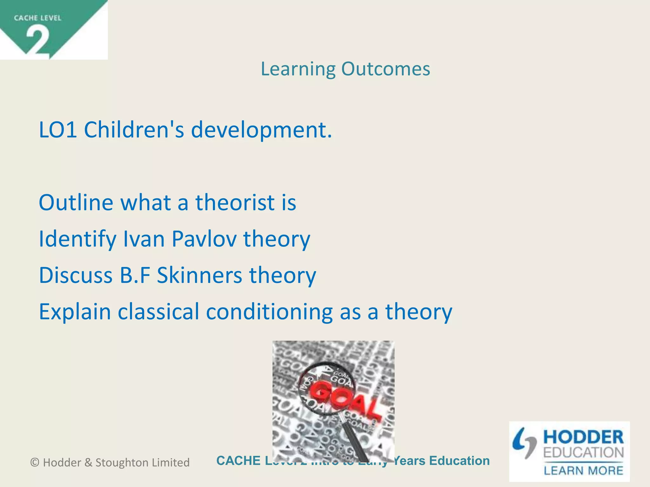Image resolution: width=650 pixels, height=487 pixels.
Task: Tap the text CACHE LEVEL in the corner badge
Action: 37,18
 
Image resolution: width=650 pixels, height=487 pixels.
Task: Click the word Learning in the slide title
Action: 298,69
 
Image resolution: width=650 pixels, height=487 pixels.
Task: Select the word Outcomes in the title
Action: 386,69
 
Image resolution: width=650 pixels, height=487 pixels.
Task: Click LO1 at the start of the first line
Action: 58,130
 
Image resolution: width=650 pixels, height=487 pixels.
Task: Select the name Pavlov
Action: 204,239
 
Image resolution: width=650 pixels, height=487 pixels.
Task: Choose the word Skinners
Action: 199,275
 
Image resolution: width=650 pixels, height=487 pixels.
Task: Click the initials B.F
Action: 135,275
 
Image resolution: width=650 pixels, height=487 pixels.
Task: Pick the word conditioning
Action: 269,312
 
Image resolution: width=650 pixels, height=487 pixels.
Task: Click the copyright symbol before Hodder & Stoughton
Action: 35,463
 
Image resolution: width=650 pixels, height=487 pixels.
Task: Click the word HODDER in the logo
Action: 583,438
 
